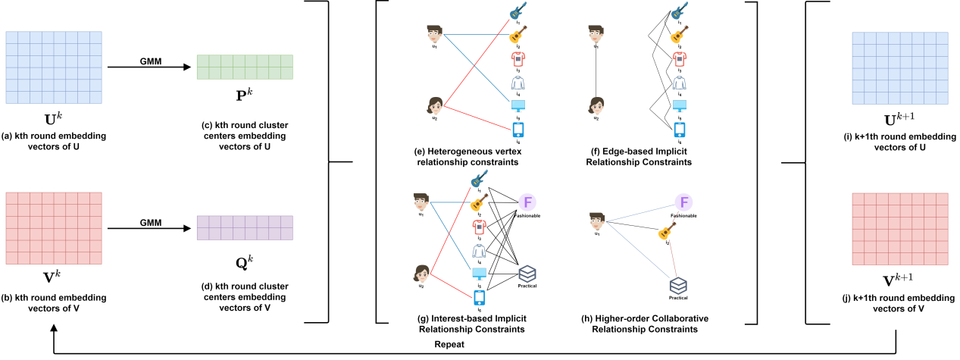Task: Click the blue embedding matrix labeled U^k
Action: pyautogui.click(x=53, y=67)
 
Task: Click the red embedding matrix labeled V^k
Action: pyautogui.click(x=53, y=227)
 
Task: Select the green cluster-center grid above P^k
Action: pyautogui.click(x=245, y=67)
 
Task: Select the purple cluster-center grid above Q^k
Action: pyautogui.click(x=245, y=227)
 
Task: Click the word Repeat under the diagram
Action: pyautogui.click(x=449, y=344)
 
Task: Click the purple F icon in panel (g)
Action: pyautogui.click(x=528, y=202)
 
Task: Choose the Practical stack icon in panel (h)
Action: pyautogui.click(x=679, y=286)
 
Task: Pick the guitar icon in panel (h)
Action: pyautogui.click(x=667, y=230)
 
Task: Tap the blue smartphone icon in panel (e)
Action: pyautogui.click(x=519, y=130)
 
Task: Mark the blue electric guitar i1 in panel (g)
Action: pyautogui.click(x=478, y=180)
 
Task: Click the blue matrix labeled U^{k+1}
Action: pyautogui.click(x=899, y=67)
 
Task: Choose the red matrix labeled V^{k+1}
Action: pyautogui.click(x=899, y=227)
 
